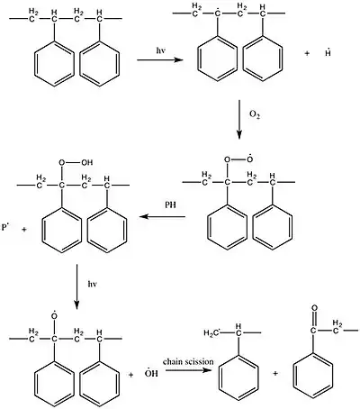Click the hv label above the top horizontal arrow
tap(161, 50)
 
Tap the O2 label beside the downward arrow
tap(255, 115)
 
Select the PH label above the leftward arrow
tap(170, 205)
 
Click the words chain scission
tap(188, 361)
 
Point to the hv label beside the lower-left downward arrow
tap(92, 284)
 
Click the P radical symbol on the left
tap(5, 228)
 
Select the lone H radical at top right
tap(328, 53)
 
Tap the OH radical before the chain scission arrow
tap(151, 373)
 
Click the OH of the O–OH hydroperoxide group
tap(86, 163)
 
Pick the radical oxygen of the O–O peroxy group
tap(249, 159)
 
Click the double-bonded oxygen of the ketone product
tap(314, 308)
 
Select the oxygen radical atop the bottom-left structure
tap(54, 315)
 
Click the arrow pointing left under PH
tap(162, 216)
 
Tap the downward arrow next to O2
tap(239, 120)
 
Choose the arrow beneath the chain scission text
tap(187, 370)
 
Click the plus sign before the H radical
tap(307, 54)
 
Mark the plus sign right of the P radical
tap(24, 230)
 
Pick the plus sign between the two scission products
tap(275, 373)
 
